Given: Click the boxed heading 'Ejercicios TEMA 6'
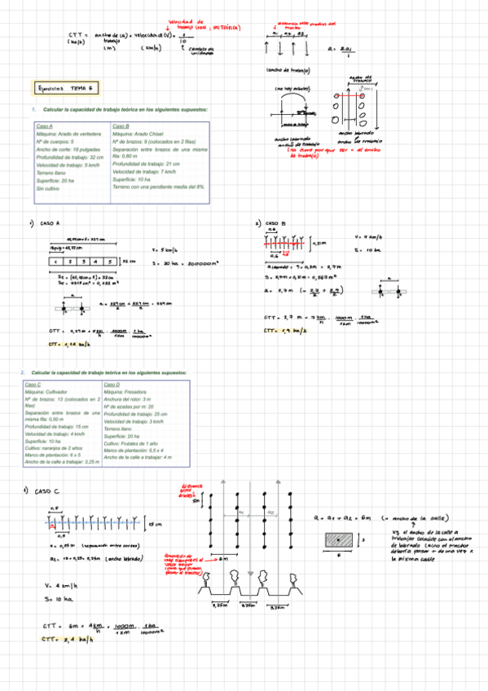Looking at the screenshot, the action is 65,87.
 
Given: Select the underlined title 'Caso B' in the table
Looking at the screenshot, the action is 121,126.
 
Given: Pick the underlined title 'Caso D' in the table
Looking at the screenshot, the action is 112,384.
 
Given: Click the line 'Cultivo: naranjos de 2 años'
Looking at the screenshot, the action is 57,447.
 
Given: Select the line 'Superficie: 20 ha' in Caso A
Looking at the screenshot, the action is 55,180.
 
